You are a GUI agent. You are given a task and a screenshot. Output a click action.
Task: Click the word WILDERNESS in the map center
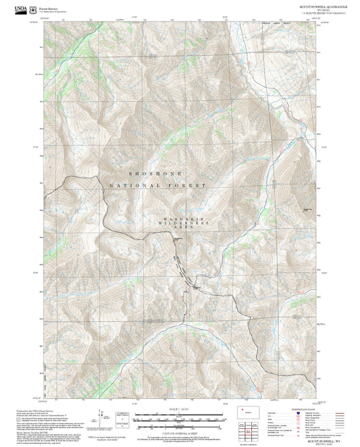pyautogui.click(x=186, y=223)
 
